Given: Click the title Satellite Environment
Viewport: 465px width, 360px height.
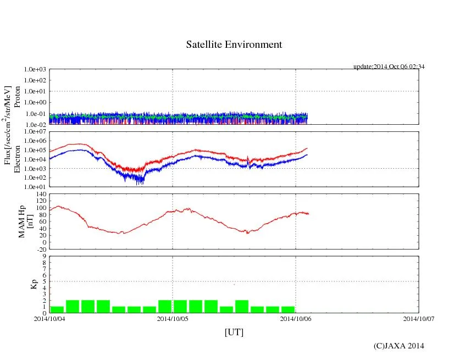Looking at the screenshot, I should pyautogui.click(x=234, y=45).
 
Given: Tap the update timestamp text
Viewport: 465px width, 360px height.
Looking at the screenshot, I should pyautogui.click(x=389, y=67).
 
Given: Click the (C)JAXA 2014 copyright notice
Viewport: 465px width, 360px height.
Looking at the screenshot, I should pyautogui.click(x=398, y=346).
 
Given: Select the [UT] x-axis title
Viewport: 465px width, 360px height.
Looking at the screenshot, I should pyautogui.click(x=234, y=333).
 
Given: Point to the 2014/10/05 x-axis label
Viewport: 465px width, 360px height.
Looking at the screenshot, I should pyautogui.click(x=173, y=318).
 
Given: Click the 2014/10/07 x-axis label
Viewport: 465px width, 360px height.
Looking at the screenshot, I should pyautogui.click(x=419, y=318).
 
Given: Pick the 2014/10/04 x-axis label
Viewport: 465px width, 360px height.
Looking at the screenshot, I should pyautogui.click(x=49, y=318).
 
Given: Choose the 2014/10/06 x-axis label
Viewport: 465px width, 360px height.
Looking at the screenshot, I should pyautogui.click(x=296, y=318).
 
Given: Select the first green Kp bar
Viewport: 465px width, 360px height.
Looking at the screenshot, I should pyautogui.click(x=57, y=309).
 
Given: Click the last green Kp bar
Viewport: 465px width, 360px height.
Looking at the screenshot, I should pyautogui.click(x=288, y=309).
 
